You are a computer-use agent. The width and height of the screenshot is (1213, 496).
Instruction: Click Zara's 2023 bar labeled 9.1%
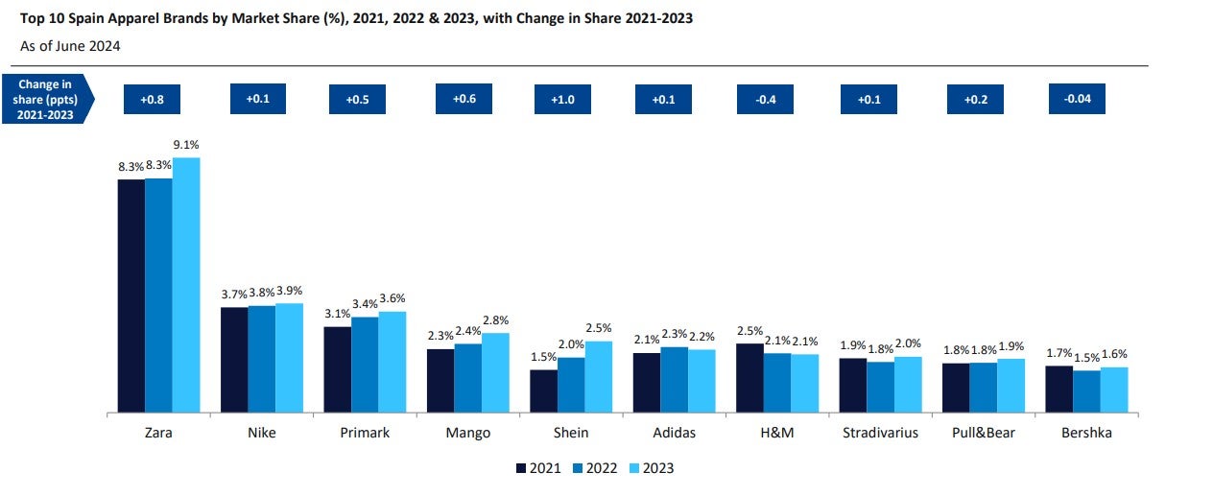point(186,285)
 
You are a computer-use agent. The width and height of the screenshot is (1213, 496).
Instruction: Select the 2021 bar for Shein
point(543,391)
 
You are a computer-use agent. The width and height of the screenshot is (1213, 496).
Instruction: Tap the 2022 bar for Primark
point(365,365)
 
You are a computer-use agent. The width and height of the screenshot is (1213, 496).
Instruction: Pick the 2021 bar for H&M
point(749,378)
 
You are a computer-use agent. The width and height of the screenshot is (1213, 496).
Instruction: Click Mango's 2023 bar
point(495,373)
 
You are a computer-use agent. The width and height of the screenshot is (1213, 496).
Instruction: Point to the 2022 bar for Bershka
point(1086,391)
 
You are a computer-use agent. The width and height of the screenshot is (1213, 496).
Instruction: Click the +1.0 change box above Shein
point(562,99)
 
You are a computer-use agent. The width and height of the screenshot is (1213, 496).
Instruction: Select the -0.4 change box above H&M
point(765,99)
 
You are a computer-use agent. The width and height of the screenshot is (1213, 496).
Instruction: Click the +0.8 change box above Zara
point(152,99)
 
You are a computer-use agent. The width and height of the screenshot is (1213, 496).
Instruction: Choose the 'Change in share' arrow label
point(47,99)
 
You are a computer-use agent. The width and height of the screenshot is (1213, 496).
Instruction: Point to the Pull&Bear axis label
point(983,433)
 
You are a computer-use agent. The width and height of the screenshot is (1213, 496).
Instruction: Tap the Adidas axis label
point(673,433)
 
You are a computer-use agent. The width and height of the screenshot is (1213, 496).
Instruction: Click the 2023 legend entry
point(654,468)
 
